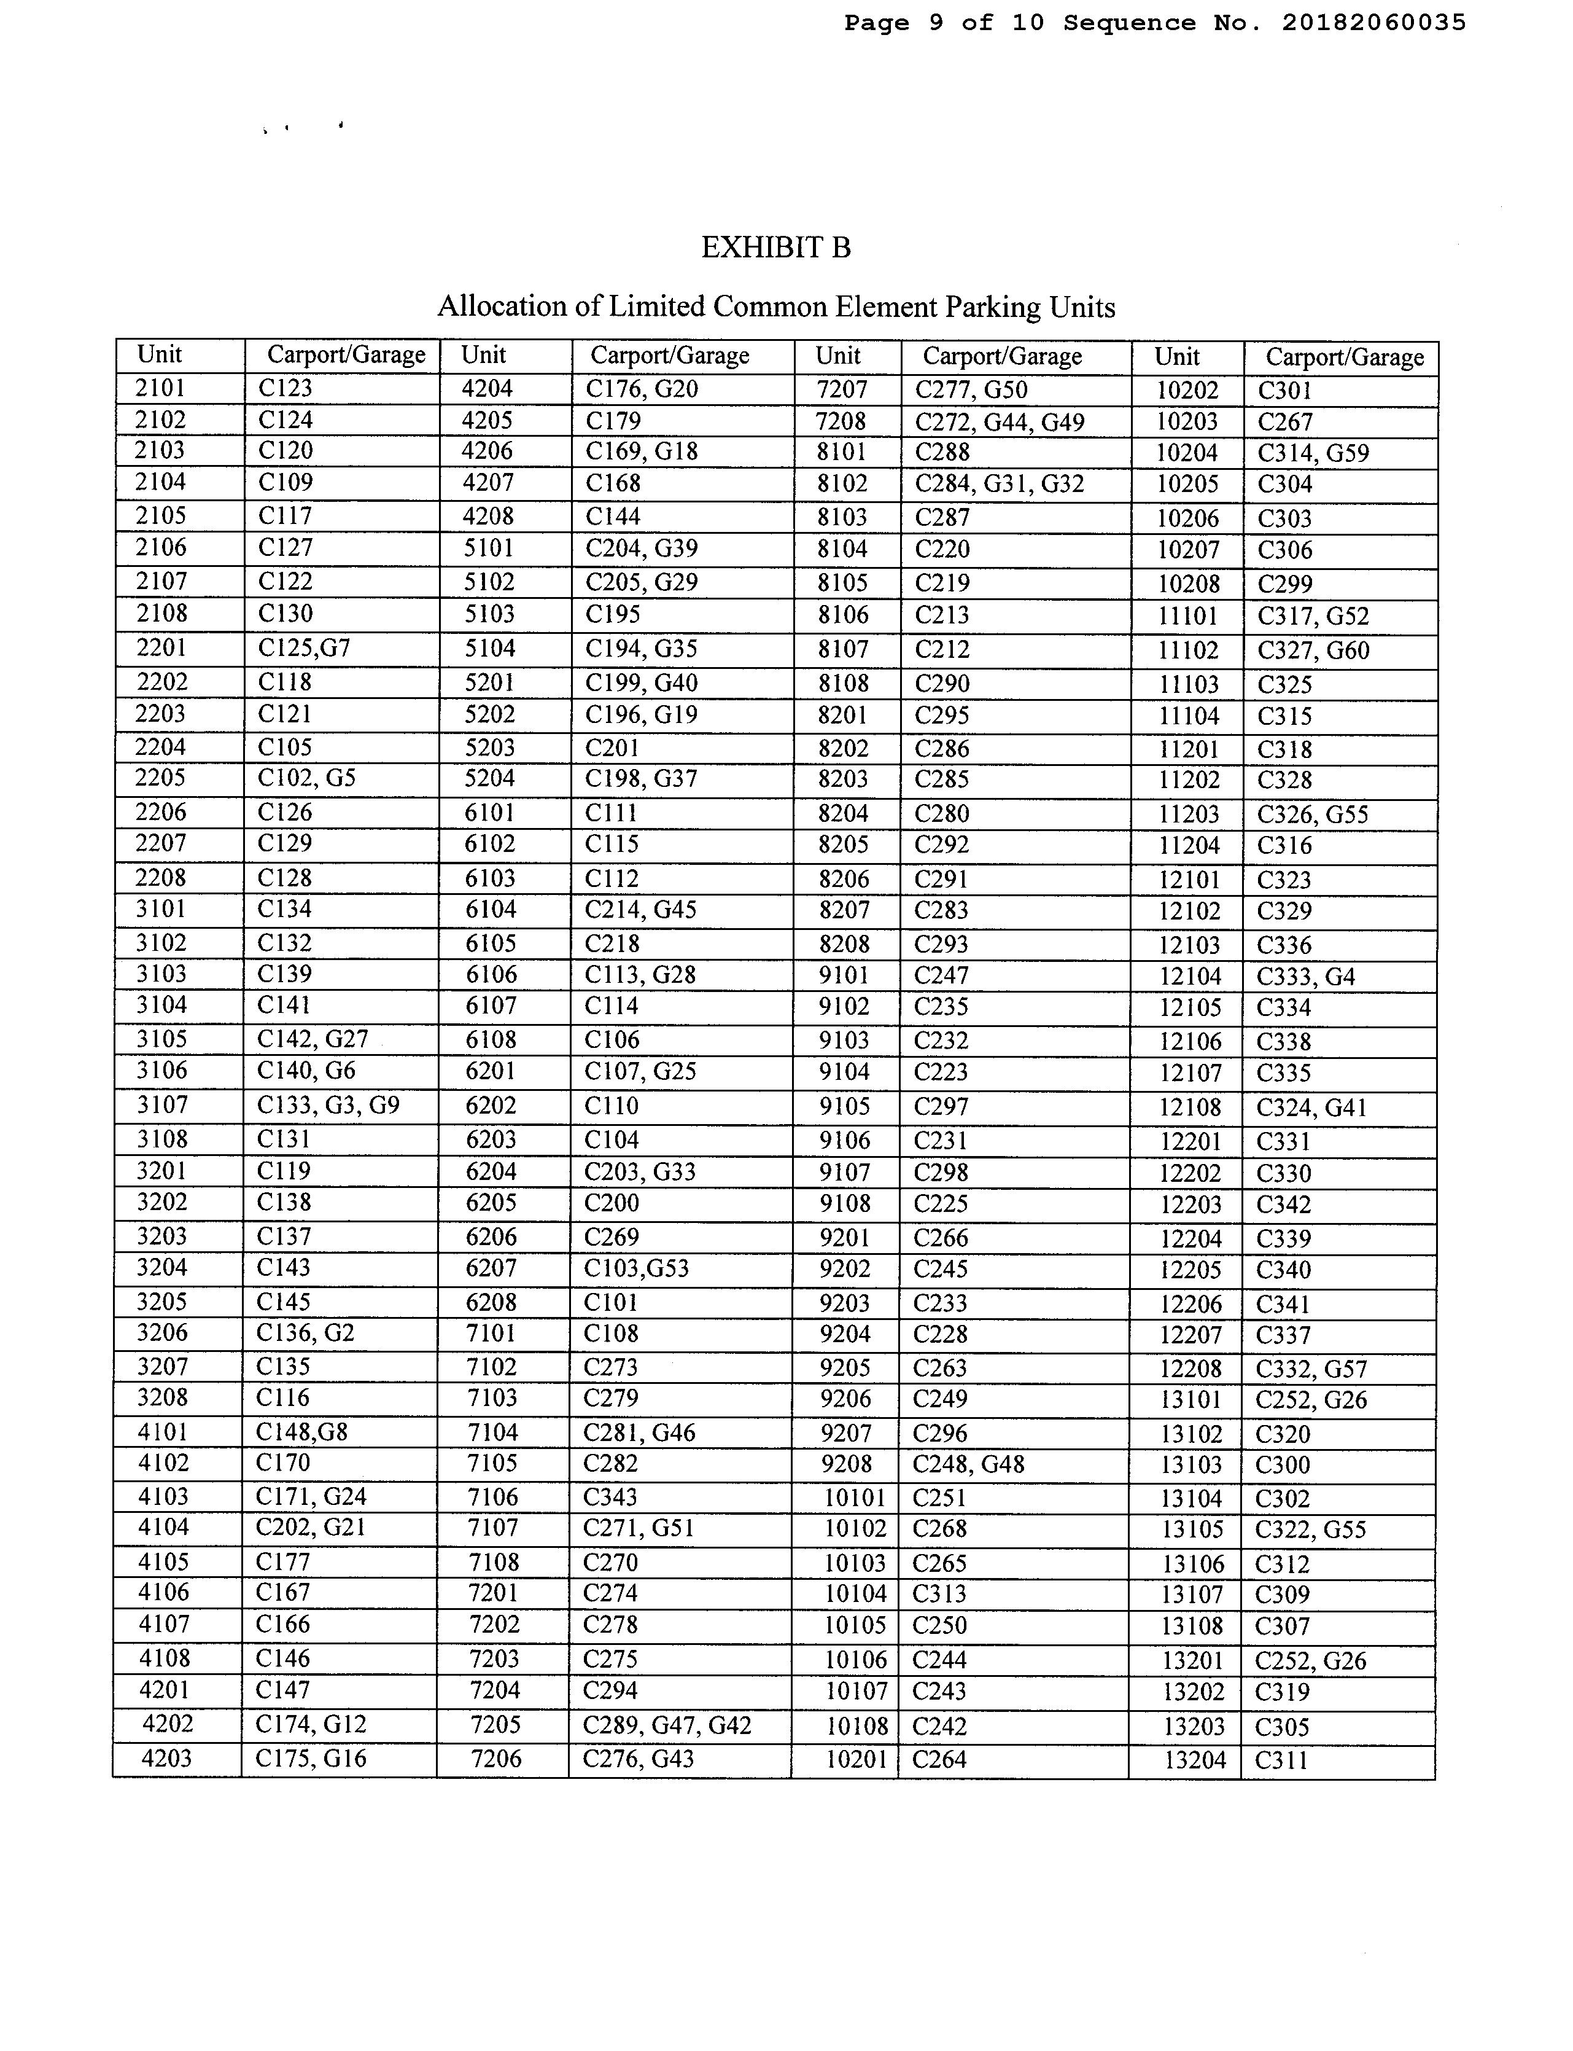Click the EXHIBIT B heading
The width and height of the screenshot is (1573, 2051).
coord(775,248)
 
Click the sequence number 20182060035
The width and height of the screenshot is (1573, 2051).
coord(1373,23)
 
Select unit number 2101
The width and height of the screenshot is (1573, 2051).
coord(160,388)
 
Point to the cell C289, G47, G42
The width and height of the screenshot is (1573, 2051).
coord(667,1724)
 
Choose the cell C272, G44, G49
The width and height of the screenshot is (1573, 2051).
coord(999,423)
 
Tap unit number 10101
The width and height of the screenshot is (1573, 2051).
coord(854,1498)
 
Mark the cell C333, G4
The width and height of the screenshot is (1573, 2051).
coord(1305,977)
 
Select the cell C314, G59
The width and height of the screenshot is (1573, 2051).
coord(1313,453)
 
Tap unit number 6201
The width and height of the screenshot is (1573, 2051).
coord(490,1071)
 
